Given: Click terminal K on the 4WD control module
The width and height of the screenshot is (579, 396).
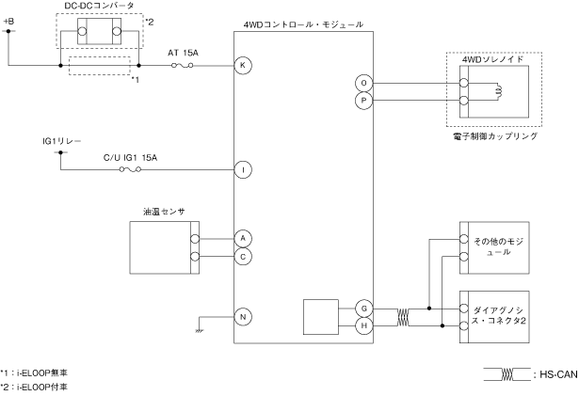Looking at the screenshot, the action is click(243, 65).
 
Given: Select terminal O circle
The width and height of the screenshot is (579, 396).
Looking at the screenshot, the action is click(363, 83).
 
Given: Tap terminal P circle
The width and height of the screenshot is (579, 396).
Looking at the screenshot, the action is click(363, 101).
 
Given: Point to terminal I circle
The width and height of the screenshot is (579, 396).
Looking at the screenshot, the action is click(243, 169).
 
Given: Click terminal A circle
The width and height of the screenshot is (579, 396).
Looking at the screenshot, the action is click(243, 238).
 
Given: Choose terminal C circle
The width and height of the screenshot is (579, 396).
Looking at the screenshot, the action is click(243, 257).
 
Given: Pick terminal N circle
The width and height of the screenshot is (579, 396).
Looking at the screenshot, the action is click(243, 317).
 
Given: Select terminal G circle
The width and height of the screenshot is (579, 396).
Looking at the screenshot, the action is click(363, 309).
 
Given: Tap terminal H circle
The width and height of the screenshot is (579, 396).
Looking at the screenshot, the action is click(363, 325).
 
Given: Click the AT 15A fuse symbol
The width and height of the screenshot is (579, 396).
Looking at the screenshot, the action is click(183, 65).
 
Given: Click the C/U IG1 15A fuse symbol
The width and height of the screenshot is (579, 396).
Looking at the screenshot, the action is click(130, 169).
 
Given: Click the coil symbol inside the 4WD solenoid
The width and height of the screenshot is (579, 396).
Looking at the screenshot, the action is click(499, 92).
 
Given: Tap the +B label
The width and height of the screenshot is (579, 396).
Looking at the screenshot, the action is click(8, 22).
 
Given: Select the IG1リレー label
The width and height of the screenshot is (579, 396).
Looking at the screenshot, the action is click(62, 141).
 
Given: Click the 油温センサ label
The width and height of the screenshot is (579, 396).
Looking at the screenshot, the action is click(164, 212).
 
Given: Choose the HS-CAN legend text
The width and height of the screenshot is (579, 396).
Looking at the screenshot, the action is click(558, 374).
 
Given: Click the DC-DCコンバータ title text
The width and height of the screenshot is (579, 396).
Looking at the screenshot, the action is click(99, 6).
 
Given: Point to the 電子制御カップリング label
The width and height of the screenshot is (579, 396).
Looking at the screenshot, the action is click(495, 136).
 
